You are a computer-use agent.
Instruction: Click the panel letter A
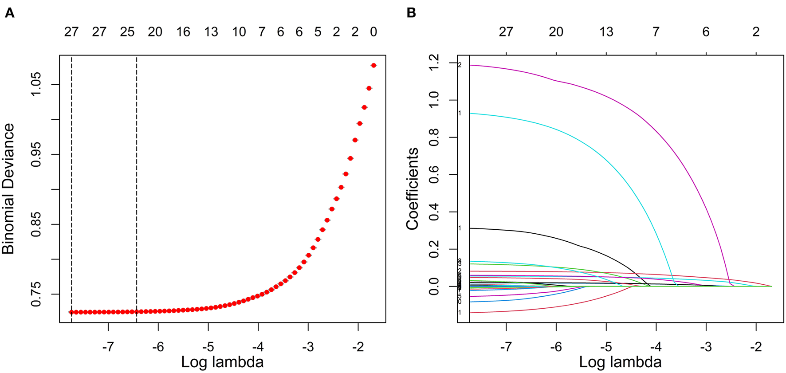tap(9, 13)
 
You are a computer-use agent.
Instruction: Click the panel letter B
tap(411, 13)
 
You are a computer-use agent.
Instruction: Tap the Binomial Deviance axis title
tap(8, 188)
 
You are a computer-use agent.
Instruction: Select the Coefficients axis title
tap(413, 188)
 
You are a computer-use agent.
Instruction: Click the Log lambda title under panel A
tap(222, 362)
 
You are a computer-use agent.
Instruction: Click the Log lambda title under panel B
tap(620, 362)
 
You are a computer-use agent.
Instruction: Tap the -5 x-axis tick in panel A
tap(208, 347)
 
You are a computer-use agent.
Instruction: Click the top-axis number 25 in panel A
tap(127, 32)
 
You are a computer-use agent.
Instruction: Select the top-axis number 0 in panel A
tap(373, 32)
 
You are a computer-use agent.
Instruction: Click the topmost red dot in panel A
tap(373, 65)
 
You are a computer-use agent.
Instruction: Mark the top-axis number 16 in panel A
tap(183, 32)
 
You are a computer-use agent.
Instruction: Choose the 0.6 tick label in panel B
tap(433, 175)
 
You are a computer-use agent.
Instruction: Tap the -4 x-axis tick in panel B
tap(656, 347)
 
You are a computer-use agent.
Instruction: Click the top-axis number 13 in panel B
tap(606, 32)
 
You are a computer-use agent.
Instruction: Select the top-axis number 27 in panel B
tap(506, 32)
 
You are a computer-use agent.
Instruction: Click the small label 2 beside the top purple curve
tap(460, 65)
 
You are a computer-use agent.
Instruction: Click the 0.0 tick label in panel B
tap(433, 287)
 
